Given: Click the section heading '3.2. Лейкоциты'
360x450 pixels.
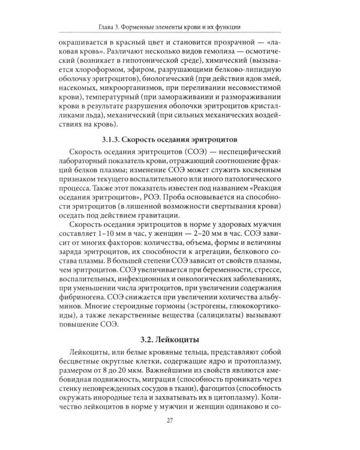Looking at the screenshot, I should [x=179, y=340].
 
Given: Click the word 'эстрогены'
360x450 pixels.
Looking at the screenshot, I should [x=211, y=314].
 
